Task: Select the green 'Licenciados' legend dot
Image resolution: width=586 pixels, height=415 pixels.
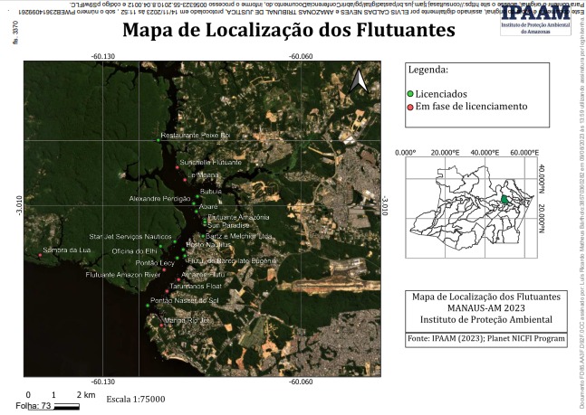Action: point(410,93)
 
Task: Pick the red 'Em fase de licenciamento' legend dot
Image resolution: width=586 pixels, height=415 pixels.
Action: point(410,106)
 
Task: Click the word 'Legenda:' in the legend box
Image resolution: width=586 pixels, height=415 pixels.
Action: point(428,70)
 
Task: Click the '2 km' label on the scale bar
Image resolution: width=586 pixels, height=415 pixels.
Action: point(86,396)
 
